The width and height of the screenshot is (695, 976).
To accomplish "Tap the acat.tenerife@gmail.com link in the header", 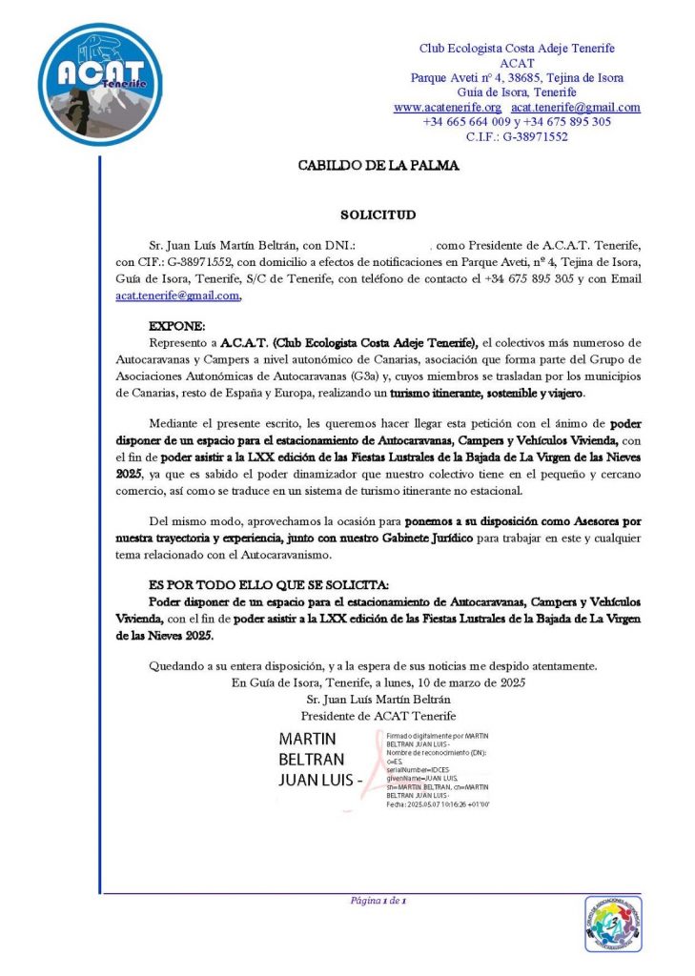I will pos(576,108).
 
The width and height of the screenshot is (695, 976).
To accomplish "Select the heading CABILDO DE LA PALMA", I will pos(378,166).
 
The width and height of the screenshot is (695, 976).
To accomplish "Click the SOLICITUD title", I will pos(378,215).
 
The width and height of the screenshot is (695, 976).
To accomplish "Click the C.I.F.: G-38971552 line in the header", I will pos(517,136).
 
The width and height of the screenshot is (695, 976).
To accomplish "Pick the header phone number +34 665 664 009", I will pos(465,122).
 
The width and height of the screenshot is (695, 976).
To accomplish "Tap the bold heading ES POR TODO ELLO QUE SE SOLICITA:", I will pos(269,584).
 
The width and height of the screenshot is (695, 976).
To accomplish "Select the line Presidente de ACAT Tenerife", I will pos(378,715).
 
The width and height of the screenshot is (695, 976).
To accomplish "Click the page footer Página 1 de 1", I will pos(378,901).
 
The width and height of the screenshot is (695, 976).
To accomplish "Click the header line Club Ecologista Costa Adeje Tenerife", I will pos(517,49).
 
